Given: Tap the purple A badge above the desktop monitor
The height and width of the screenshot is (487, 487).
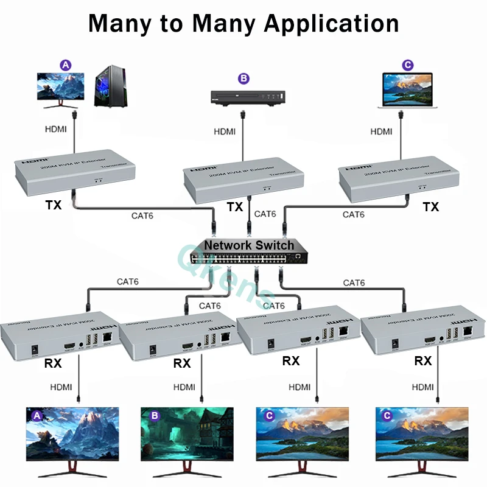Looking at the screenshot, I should click(65, 65).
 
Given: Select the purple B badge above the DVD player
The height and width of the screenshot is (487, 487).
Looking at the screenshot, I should click(243, 78).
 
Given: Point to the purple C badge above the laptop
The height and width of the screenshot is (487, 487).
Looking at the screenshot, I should click(408, 65).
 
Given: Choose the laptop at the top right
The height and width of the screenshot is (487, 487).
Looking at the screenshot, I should click(407, 91).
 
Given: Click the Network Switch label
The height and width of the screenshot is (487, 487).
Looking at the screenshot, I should click(249, 245).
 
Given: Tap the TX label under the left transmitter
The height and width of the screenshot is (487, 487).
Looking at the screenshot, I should click(54, 205).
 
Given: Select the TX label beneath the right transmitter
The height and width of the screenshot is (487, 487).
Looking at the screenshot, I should click(431, 207).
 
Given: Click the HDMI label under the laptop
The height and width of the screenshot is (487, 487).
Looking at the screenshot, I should click(382, 131).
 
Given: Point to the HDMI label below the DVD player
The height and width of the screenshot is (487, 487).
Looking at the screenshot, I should click(225, 131).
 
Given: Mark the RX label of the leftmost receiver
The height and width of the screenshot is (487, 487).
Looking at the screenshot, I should click(53, 364).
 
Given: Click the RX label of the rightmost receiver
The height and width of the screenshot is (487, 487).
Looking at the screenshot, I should click(423, 361).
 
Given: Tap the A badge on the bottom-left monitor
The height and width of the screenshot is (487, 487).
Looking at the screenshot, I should click(37, 416).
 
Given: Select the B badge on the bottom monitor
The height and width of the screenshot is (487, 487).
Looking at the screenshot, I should click(155, 416).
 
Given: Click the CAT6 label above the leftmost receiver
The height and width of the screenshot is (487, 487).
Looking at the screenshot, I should click(128, 282).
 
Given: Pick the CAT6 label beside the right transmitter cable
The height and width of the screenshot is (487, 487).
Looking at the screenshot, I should click(354, 214).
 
